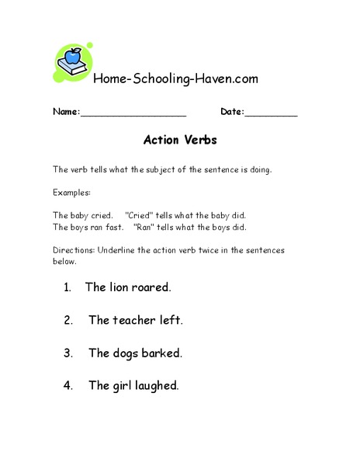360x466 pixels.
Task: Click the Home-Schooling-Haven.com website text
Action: (175, 78)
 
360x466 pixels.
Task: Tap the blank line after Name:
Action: (133, 113)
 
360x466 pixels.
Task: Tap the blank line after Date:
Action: (272, 113)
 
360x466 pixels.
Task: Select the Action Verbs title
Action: (180, 141)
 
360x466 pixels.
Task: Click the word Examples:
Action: (71, 192)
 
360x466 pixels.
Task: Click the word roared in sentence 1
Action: (151, 287)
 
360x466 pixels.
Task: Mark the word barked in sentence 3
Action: (162, 353)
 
